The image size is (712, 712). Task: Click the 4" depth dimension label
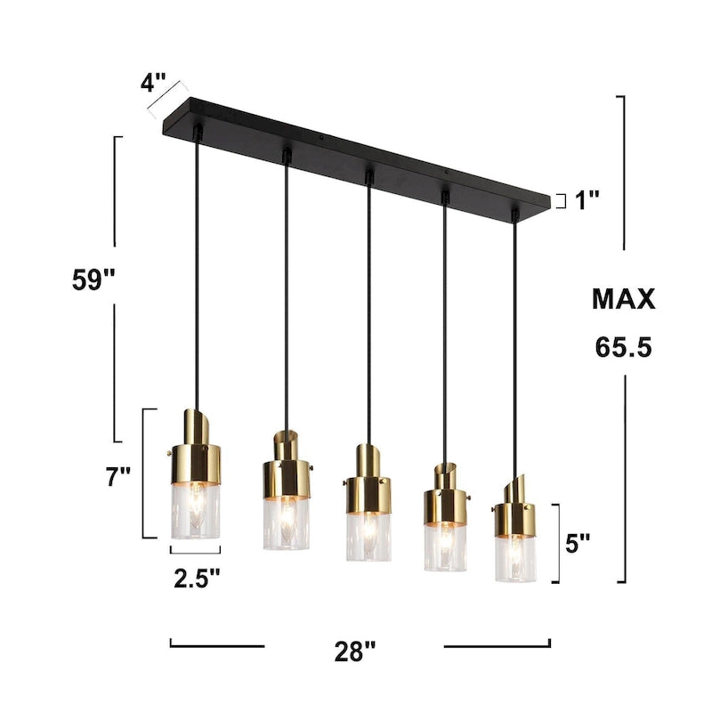coord(153,85)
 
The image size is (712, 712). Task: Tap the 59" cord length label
coord(94,279)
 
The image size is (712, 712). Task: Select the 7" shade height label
coord(117,477)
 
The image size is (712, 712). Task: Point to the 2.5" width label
coord(197,579)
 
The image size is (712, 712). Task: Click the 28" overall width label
coord(355,651)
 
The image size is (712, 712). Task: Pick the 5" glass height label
coord(580,543)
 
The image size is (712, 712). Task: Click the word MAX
coord(624,299)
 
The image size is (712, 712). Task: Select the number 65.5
coord(624,347)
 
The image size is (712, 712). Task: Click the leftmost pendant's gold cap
coord(196,454)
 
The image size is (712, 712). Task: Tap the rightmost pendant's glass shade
coord(516,557)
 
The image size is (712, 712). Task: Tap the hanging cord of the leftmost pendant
coord(196,267)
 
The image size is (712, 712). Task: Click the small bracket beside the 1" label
coord(561,200)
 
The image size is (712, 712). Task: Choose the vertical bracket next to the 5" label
coord(556,543)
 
